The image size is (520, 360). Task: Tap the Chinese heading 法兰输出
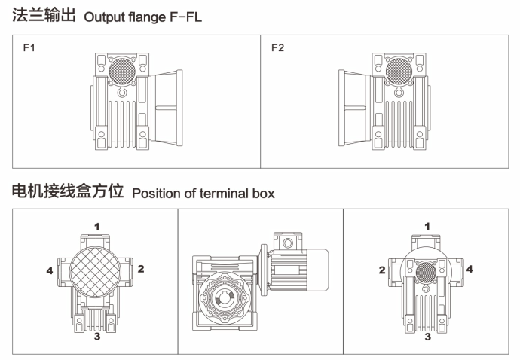(x=44, y=15)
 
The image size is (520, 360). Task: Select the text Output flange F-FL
(x=143, y=16)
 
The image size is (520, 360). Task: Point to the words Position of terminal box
(x=203, y=193)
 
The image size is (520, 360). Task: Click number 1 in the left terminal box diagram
(x=97, y=225)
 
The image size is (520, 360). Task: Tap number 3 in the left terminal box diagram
(x=97, y=336)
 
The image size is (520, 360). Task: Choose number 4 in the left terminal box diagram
(x=50, y=270)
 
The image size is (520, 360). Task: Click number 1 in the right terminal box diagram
(x=427, y=225)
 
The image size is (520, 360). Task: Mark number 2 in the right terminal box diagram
(x=381, y=270)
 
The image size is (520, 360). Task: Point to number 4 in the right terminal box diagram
(x=470, y=268)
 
